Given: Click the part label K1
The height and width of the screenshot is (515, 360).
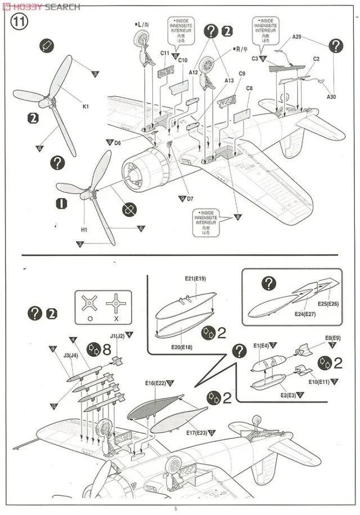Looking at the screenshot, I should tap(85, 106).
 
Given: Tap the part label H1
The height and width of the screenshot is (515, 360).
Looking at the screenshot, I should tap(84, 230).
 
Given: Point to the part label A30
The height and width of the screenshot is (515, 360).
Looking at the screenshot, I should tap(331, 97).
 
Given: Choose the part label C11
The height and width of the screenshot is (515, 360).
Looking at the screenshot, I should tap(165, 53).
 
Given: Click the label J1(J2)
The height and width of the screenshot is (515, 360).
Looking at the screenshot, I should tap(118, 336).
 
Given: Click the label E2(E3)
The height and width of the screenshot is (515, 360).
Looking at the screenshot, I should tap(290, 396).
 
